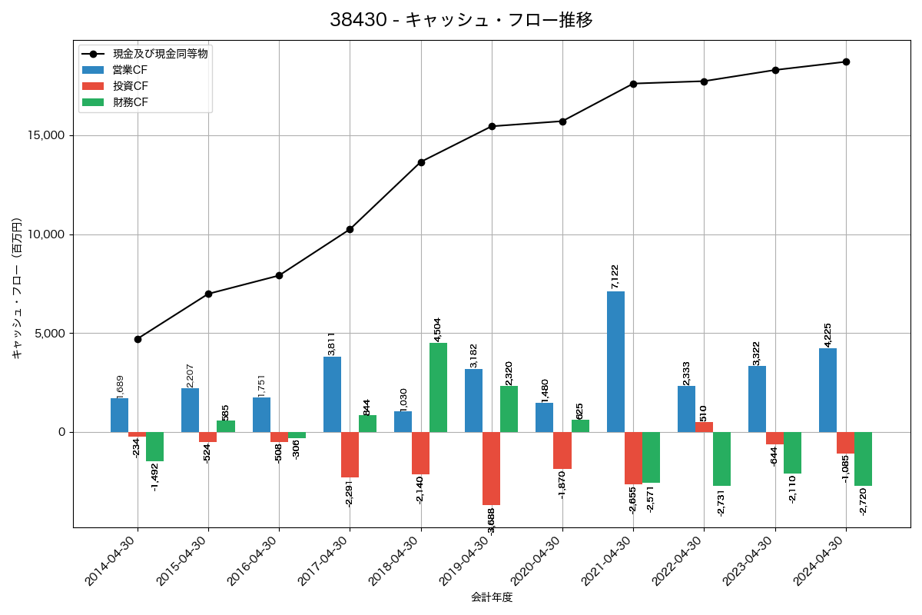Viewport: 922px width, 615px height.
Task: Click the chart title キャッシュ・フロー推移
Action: coord(461,20)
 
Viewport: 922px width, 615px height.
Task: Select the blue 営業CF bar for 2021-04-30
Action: coord(615,361)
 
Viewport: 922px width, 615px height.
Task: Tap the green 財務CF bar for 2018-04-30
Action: coord(438,387)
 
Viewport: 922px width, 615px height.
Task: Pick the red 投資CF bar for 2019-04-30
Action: coord(491,468)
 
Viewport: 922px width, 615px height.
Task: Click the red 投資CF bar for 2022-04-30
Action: coord(704,427)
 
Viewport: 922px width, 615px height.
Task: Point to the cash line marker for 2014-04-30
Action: coord(138,339)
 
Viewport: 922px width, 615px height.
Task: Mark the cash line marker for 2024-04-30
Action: coord(846,61)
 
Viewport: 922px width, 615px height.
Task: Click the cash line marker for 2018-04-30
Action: coord(421,162)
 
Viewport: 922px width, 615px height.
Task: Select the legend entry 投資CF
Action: coord(130,86)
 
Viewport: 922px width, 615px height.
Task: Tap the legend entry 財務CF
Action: coord(130,102)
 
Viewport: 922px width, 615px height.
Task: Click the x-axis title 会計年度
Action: coord(492,597)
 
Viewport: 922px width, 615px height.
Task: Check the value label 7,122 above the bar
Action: coord(615,277)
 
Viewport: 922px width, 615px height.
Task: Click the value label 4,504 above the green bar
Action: coord(438,328)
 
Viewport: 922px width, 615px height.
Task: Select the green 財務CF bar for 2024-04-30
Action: coord(863,459)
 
